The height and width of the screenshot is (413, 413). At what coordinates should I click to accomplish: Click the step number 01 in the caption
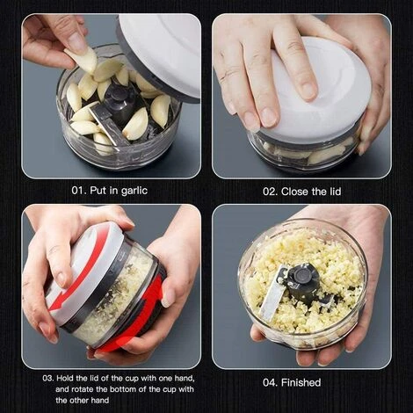[79, 190]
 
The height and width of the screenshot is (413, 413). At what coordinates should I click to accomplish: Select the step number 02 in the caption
[270, 190]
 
